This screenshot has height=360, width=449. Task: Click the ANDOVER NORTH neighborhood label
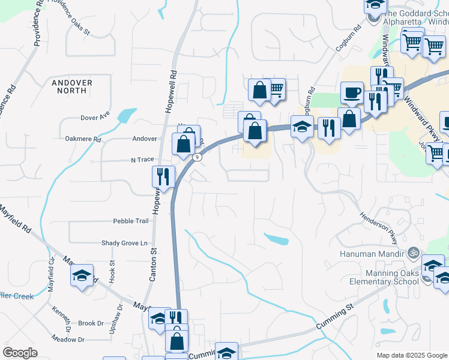(72, 86)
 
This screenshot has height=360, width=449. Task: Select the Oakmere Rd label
(83, 139)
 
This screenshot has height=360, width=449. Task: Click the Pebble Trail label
(130, 221)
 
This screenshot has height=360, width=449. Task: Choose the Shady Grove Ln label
(124, 243)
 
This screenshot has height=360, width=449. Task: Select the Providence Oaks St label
(68, 15)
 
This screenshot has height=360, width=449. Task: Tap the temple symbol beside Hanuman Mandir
(412, 253)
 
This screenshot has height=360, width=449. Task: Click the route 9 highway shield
(196, 157)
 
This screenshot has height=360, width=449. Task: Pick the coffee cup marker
(352, 93)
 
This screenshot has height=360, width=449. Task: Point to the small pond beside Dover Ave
(127, 115)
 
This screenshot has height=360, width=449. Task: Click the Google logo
(20, 353)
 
